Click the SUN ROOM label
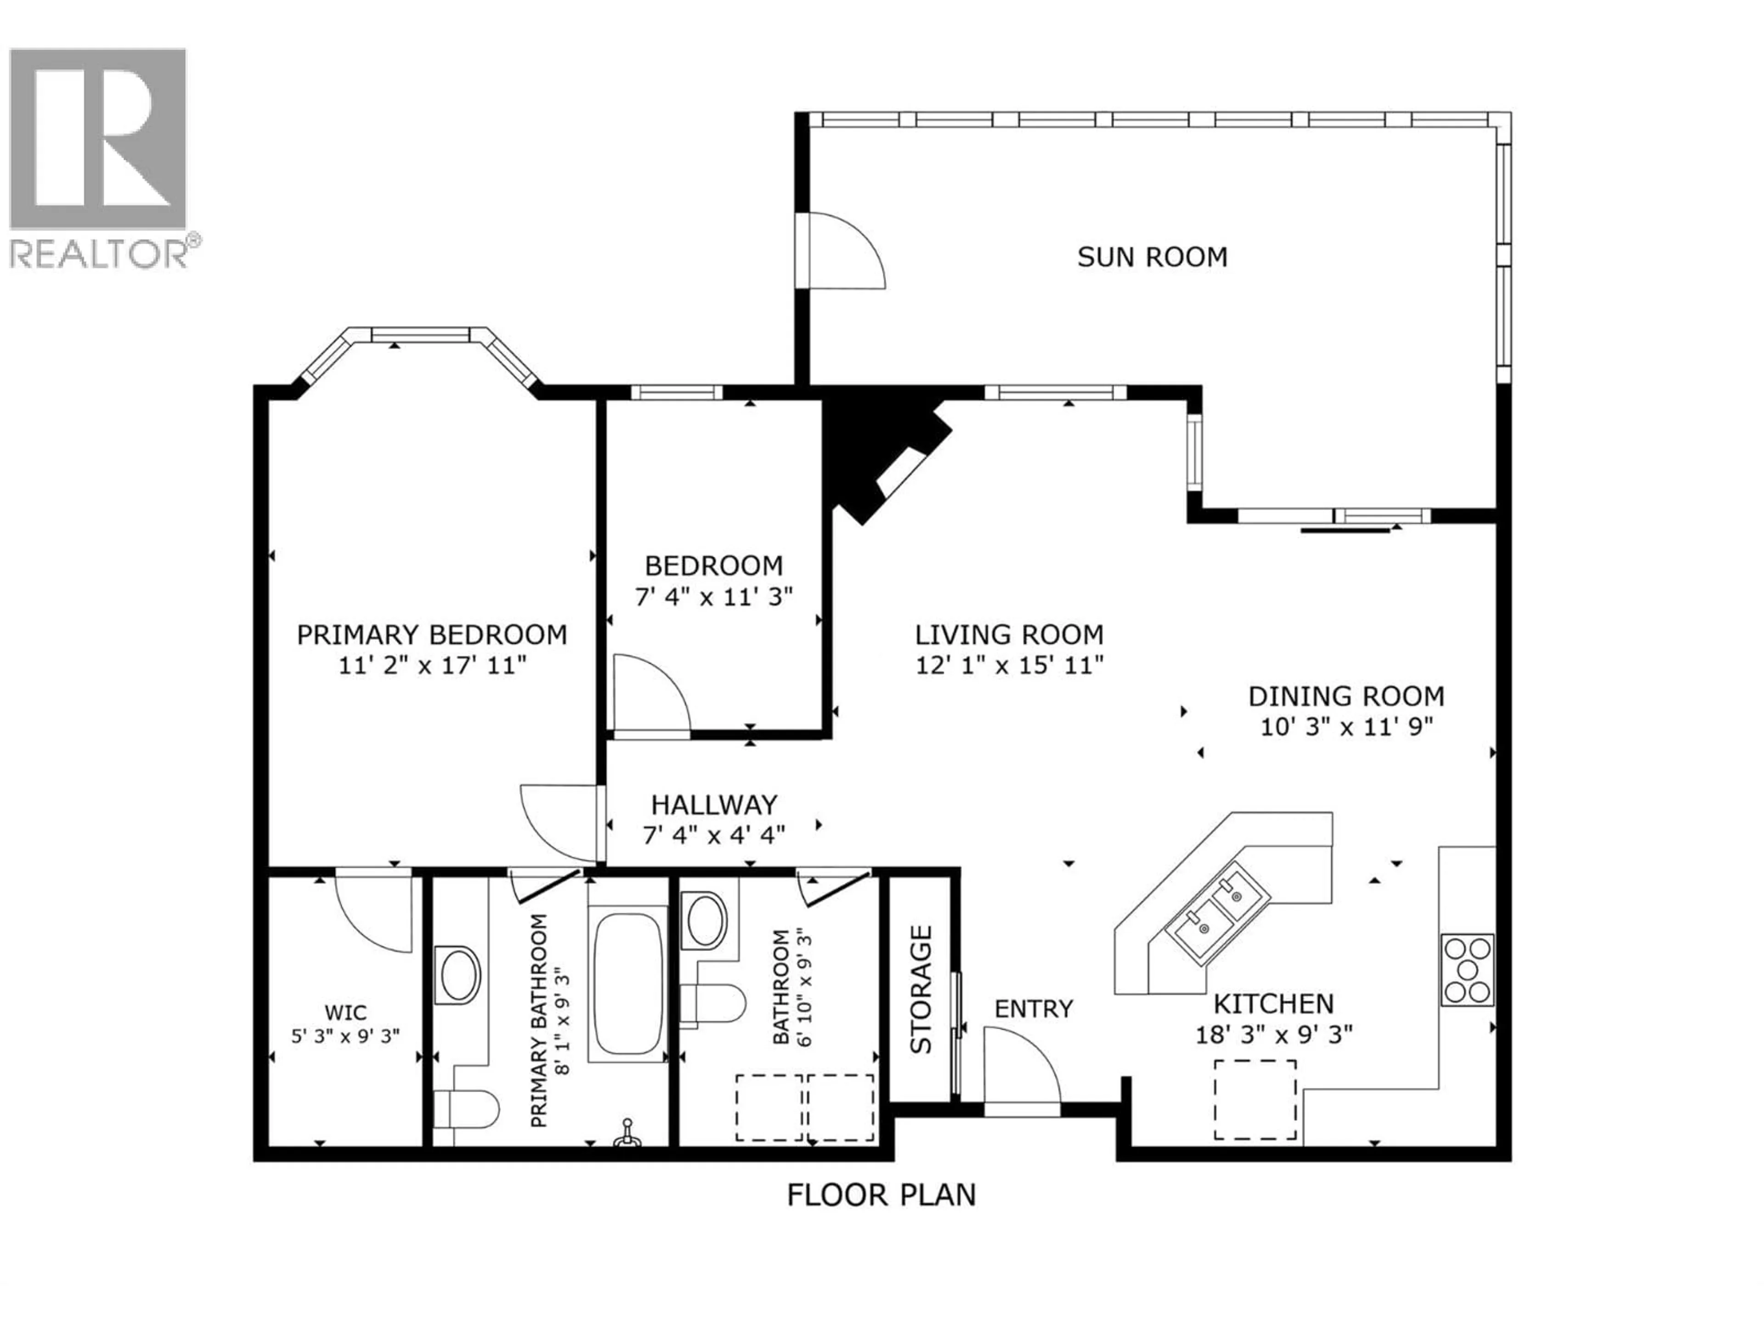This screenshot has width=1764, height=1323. pyautogui.click(x=1152, y=257)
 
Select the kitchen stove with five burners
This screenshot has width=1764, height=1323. pyautogui.click(x=1467, y=970)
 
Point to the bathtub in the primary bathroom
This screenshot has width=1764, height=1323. pyautogui.click(x=628, y=985)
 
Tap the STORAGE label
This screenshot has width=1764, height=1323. pyautogui.click(x=921, y=989)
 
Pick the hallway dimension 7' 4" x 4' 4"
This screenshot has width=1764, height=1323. pyautogui.click(x=714, y=835)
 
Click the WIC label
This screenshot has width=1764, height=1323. pyautogui.click(x=345, y=1013)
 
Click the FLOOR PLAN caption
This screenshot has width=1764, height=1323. pyautogui.click(x=881, y=1195)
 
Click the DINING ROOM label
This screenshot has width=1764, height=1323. pyautogui.click(x=1346, y=696)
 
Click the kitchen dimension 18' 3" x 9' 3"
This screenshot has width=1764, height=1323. pyautogui.click(x=1273, y=1035)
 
